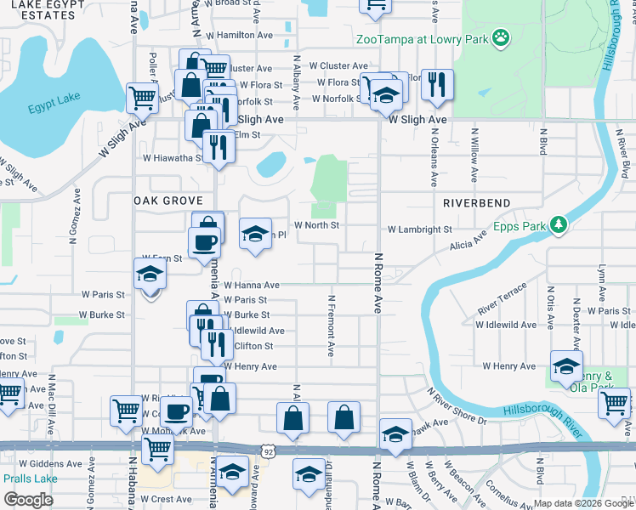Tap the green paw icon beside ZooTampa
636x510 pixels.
(503, 37)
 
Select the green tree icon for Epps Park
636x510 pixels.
(559, 225)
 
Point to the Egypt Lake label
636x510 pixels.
(48, 109)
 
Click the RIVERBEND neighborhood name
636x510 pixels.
(476, 203)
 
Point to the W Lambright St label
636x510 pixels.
(420, 229)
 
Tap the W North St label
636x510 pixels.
(316, 225)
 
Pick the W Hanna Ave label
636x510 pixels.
(252, 286)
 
